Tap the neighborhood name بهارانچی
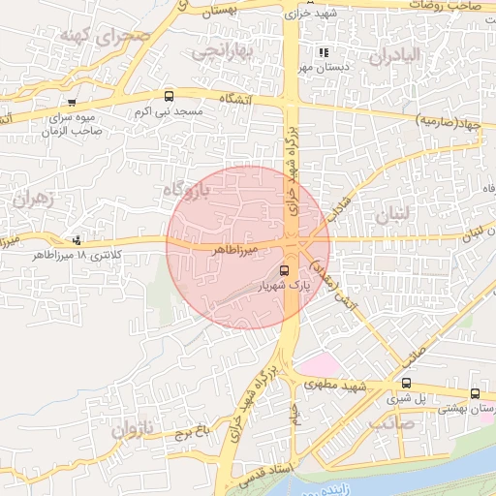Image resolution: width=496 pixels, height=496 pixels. [223, 51]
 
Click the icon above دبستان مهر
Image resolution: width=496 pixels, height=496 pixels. [323, 52]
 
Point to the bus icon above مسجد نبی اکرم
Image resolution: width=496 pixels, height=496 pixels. [170, 96]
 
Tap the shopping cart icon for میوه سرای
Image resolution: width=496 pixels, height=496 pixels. [72, 102]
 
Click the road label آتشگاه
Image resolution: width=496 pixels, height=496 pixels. [236, 99]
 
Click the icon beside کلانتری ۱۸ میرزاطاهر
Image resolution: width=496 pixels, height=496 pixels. [77, 240]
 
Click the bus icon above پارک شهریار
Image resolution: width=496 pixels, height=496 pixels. [284, 270]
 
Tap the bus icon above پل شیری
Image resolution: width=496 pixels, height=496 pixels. [405, 383]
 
